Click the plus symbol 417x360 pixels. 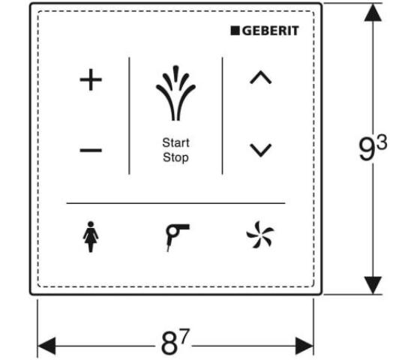coord(91,79)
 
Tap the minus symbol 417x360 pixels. coord(91,150)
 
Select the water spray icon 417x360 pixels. coord(175,93)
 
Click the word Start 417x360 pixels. coord(175,142)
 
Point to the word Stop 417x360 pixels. coord(175,157)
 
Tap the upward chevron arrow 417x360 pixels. coord(261,77)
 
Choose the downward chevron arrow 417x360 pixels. coord(261,150)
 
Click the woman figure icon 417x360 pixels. coord(91,237)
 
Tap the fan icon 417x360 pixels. coord(260,235)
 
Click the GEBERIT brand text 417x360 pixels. coord(271,31)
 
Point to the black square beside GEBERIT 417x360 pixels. coord(235,31)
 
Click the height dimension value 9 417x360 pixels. coord(367,148)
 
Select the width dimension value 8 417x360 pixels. coord(169,343)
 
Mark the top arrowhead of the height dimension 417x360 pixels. coord(373,13)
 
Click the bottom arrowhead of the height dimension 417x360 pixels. coord(373,285)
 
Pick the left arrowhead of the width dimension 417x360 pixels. coord(46,346)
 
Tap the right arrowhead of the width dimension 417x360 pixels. coord(304,346)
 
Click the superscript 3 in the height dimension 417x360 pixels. coord(382,142)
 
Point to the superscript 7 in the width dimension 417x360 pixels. coord(184,336)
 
